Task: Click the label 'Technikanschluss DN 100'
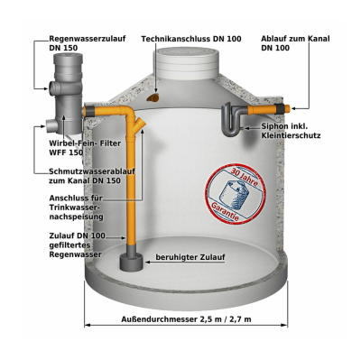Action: coord(191,39)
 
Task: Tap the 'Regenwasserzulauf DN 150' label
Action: coord(88,43)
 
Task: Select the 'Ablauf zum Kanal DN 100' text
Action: coord(295,43)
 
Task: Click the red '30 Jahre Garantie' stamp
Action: coord(236,193)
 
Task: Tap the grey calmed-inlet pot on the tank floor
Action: coord(132,262)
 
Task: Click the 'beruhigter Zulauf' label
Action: coord(190,257)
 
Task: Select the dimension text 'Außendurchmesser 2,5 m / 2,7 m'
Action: coord(186,319)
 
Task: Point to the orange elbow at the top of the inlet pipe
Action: coord(128,112)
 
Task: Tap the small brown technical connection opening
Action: coord(154,97)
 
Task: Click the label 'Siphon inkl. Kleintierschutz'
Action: coord(291,131)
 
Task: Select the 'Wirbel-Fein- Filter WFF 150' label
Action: coord(85,148)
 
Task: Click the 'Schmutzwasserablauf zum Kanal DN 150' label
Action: coord(92,176)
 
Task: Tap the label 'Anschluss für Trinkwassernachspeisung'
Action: coord(77,208)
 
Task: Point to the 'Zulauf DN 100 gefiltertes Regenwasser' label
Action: coord(78,245)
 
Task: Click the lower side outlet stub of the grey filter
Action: coord(51,124)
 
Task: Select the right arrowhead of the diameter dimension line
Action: coord(284,325)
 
